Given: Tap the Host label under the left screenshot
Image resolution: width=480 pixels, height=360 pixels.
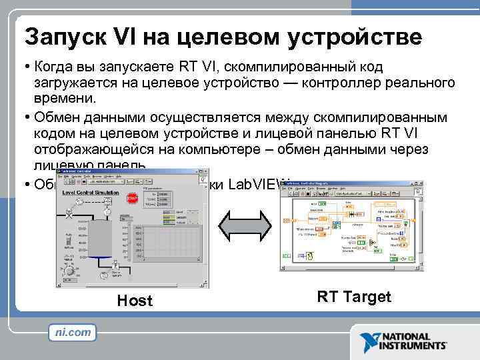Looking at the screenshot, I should [135, 301].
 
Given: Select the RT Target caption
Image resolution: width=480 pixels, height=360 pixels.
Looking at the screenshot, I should [353, 297].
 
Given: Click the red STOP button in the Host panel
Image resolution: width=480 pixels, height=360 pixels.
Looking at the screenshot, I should [132, 198].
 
